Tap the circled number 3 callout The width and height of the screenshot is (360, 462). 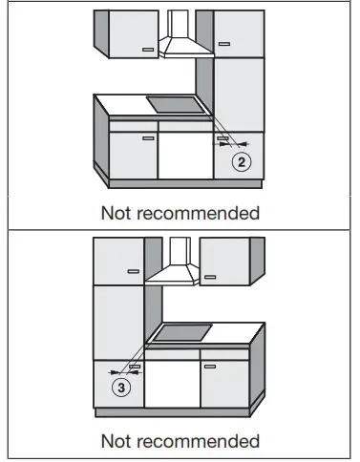pyautogui.click(x=120, y=388)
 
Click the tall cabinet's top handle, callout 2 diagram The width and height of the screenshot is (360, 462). pyautogui.click(x=222, y=43)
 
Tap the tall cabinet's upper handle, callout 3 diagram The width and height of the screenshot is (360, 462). pyautogui.click(x=132, y=271)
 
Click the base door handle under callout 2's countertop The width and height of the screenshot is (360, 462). pyautogui.click(x=146, y=136)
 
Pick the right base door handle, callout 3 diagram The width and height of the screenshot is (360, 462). pyautogui.click(x=208, y=365)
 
